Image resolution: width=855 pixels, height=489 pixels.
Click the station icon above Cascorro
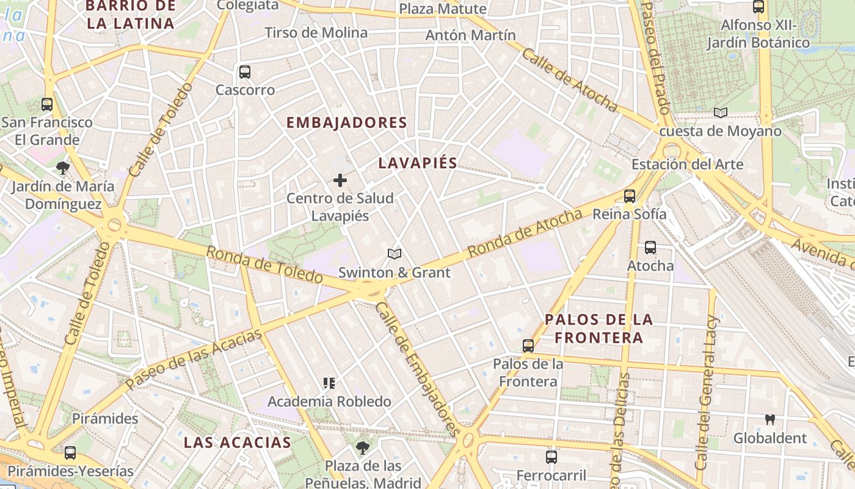[x=245, y=72]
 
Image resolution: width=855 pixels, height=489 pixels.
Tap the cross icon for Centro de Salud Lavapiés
[x=340, y=180]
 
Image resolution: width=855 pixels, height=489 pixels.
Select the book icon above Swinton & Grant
[x=395, y=254]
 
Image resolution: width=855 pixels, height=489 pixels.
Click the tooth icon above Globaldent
[x=770, y=420]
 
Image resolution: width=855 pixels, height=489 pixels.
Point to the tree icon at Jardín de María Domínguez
[x=62, y=168]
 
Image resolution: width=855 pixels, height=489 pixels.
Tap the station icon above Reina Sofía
[x=630, y=196]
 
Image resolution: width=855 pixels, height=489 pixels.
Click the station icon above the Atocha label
[x=650, y=248]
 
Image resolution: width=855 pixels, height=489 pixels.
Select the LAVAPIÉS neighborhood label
[x=418, y=163]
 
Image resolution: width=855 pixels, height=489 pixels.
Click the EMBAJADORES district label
[x=346, y=123]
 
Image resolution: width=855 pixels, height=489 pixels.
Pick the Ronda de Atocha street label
[x=525, y=233]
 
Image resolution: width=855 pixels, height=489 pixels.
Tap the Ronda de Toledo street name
[x=264, y=265]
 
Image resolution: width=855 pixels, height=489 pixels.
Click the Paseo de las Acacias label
[x=194, y=358]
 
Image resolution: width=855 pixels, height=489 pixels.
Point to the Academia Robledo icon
[x=329, y=383]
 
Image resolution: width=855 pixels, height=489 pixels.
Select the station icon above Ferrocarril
[x=551, y=457]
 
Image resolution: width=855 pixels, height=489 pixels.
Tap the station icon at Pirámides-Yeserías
[x=70, y=453]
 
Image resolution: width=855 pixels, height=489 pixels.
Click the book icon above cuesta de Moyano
[x=721, y=112]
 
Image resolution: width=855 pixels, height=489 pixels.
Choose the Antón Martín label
[x=470, y=35]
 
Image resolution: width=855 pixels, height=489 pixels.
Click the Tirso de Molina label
[x=316, y=32]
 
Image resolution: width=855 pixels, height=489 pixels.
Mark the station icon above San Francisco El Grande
[x=47, y=104]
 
